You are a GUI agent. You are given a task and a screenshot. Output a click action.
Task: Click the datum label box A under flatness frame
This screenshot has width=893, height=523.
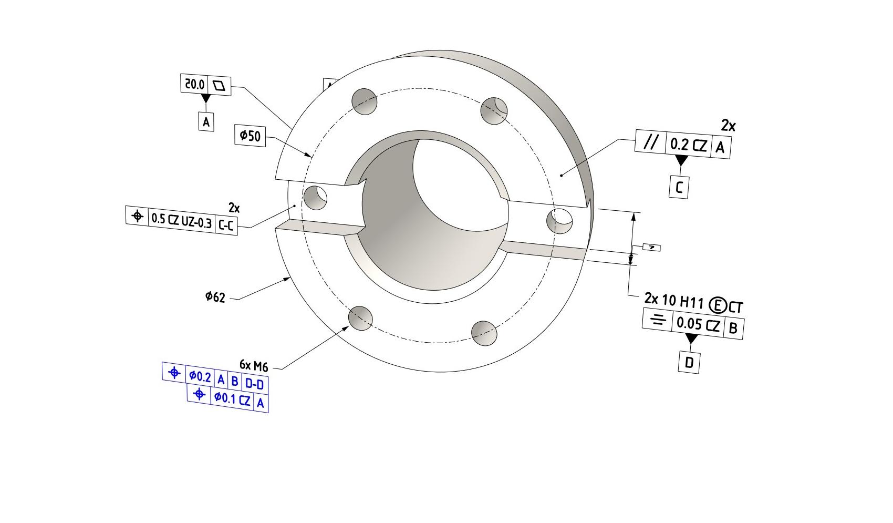[206, 122]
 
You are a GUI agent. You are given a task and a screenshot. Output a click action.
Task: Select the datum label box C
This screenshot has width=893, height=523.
[679, 188]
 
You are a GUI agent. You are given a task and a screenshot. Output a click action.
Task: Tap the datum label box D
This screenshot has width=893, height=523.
[689, 362]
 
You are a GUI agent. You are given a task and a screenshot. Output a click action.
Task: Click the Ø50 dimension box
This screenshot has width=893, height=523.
[250, 137]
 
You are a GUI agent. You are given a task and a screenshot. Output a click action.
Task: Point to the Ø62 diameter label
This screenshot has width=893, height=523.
[215, 297]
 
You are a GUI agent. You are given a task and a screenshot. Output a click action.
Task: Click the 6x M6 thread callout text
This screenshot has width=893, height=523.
[254, 365]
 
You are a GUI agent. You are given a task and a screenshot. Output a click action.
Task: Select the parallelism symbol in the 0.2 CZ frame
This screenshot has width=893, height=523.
[650, 142]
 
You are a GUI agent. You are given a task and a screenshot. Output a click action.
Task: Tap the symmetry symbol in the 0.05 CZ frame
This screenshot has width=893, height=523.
[658, 320]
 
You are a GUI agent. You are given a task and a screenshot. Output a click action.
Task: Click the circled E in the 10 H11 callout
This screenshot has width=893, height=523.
[717, 304]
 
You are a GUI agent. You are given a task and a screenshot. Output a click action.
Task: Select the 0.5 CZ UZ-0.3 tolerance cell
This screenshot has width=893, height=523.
[181, 220]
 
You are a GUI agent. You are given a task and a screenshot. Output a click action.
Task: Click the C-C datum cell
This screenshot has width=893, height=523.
[226, 225]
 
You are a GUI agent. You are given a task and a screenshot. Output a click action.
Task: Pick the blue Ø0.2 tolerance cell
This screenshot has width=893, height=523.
[200, 376]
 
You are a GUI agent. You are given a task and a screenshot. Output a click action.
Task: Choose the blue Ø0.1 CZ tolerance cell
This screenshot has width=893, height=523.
[232, 399]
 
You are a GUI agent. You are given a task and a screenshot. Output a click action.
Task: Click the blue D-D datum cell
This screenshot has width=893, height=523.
[254, 384]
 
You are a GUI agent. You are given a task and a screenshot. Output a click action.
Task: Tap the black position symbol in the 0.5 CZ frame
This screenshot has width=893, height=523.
[137, 216]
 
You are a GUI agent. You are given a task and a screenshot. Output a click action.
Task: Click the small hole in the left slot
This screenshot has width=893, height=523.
[316, 198]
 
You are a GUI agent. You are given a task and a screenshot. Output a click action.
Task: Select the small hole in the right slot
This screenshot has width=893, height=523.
[559, 221]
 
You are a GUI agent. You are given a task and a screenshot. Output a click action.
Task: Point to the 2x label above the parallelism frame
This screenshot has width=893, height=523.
[728, 126]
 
